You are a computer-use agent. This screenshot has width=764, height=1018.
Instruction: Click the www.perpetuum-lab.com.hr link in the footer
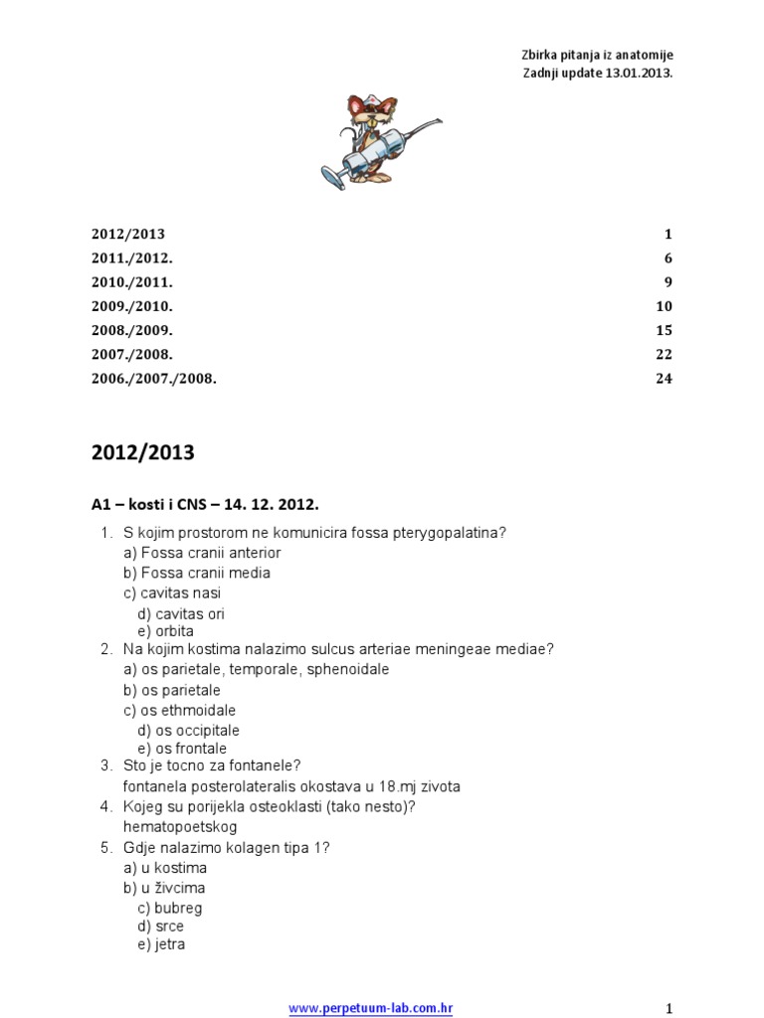371,1007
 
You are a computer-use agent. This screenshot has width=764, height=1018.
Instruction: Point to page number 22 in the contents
664,354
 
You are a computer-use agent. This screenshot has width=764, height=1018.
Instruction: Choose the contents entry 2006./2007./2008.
154,379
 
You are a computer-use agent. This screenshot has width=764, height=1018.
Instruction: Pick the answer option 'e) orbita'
166,631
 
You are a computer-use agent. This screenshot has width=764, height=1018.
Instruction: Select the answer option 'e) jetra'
162,944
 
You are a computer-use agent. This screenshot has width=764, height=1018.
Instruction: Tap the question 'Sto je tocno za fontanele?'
212,765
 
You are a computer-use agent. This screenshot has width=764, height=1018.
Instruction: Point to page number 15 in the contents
664,330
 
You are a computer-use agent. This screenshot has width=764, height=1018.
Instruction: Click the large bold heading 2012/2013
143,453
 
